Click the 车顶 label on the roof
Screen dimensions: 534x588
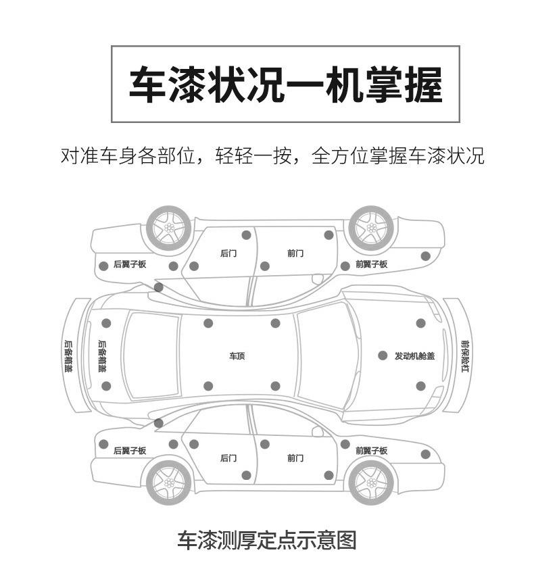click(x=237, y=356)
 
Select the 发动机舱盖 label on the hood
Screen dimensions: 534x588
click(x=414, y=356)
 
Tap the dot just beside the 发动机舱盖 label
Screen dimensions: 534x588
click(x=383, y=356)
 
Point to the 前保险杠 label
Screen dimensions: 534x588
click(x=465, y=356)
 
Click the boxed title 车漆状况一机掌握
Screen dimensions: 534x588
click(x=286, y=84)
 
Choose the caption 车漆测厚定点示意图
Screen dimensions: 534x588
click(x=266, y=541)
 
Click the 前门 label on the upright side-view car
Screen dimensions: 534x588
click(x=295, y=458)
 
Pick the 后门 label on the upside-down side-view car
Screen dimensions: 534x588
click(x=228, y=253)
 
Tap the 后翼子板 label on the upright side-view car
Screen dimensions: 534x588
click(x=130, y=450)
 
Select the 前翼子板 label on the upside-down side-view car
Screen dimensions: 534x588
click(x=372, y=264)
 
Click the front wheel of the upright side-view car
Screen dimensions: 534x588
click(x=371, y=483)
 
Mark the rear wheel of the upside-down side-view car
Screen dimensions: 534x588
click(x=169, y=228)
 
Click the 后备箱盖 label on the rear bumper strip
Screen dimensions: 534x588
click(x=69, y=356)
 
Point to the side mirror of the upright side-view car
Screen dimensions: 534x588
click(x=317, y=431)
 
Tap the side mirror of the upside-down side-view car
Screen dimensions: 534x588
click(x=317, y=279)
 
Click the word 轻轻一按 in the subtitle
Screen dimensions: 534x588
click(x=253, y=155)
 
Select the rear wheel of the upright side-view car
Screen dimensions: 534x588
click(x=169, y=483)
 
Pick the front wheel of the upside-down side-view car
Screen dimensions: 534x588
click(x=371, y=228)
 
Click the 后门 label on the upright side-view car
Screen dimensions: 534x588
click(x=228, y=458)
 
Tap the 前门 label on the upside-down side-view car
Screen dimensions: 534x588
click(x=295, y=253)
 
